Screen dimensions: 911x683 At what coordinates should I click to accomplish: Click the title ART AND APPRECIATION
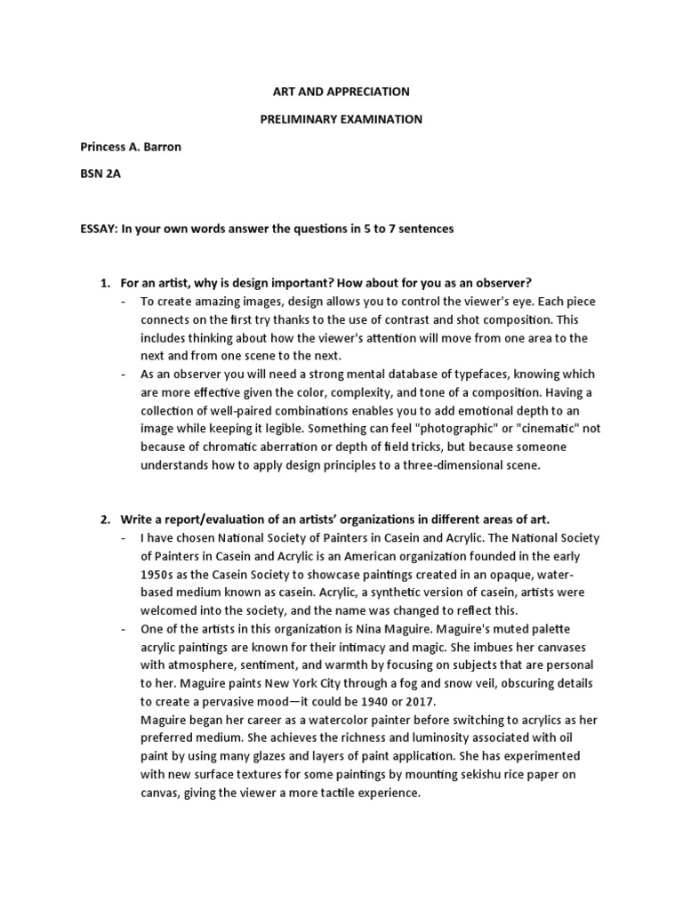[x=341, y=92]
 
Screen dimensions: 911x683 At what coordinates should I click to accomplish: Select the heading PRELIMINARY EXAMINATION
[x=341, y=119]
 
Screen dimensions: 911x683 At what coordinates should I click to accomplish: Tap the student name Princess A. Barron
[x=131, y=147]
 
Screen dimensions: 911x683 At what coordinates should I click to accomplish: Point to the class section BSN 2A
[x=100, y=173]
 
